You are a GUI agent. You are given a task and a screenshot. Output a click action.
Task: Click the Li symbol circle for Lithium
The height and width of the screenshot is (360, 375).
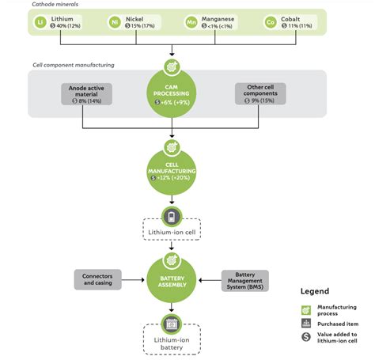point(42,22)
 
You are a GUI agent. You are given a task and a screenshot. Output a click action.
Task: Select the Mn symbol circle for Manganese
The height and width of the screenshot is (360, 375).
point(191,22)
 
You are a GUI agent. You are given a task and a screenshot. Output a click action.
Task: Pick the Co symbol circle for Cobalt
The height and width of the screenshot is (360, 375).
point(271,22)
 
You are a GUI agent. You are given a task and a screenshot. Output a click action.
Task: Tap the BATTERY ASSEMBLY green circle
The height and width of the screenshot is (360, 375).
point(172,280)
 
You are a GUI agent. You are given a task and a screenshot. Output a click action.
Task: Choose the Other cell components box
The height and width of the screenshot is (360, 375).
point(256,93)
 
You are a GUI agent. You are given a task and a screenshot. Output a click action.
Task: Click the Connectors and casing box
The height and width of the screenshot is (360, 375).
point(98,280)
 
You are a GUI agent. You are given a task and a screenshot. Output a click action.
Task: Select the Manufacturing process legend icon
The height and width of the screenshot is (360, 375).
point(305,309)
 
